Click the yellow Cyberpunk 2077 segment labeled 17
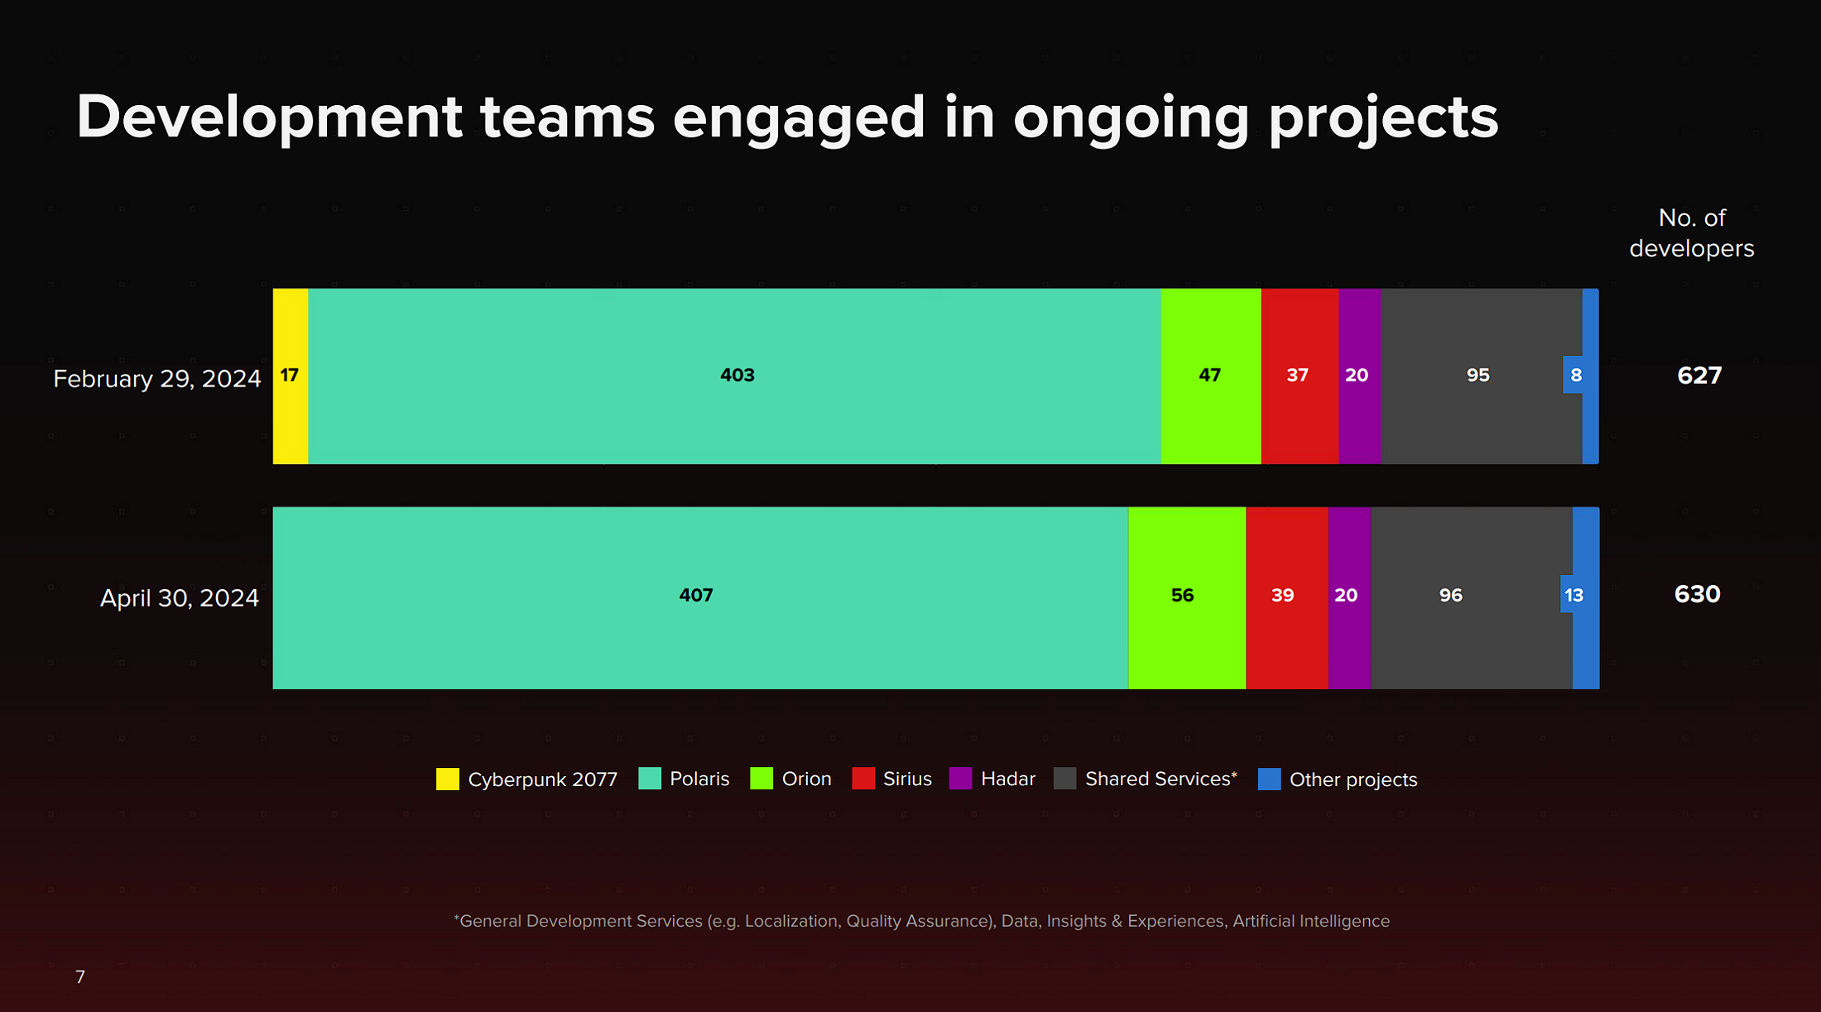click(291, 376)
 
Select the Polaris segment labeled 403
click(735, 376)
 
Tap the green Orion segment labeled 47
click(1211, 376)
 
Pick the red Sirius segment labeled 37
click(1300, 376)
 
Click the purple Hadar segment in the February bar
click(1360, 376)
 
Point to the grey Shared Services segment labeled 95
click(1482, 376)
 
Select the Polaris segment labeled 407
click(700, 597)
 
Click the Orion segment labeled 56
click(1187, 597)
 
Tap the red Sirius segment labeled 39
click(1287, 597)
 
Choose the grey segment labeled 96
click(1472, 597)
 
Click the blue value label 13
click(1574, 595)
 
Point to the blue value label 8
click(1575, 375)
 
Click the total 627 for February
click(1699, 376)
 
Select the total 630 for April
click(1697, 594)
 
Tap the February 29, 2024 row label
click(157, 379)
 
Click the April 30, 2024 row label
click(180, 598)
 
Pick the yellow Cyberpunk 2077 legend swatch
click(448, 779)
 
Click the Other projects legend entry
click(1338, 779)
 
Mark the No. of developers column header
click(1692, 233)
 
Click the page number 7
click(80, 977)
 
